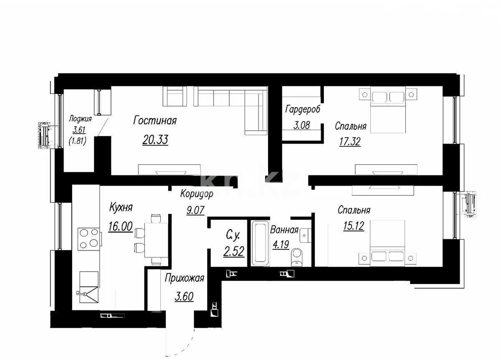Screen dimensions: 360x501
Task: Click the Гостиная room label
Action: (x=155, y=121)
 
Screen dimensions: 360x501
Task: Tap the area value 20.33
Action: (x=155, y=140)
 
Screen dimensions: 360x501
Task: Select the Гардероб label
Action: (x=303, y=110)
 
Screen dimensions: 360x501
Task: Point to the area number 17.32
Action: (x=349, y=142)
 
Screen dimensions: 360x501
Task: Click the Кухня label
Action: (x=121, y=207)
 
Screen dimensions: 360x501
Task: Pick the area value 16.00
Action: (x=120, y=227)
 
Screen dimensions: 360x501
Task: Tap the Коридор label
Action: (x=197, y=194)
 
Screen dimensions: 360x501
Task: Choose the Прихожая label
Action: (x=184, y=278)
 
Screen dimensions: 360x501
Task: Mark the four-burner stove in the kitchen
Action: (x=89, y=238)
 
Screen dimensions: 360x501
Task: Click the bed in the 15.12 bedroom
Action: (x=388, y=244)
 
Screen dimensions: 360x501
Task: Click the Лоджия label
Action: (x=80, y=119)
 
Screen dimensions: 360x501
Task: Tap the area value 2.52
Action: (x=233, y=252)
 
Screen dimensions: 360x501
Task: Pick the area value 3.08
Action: (x=301, y=125)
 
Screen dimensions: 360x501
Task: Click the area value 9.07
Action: (x=195, y=210)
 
